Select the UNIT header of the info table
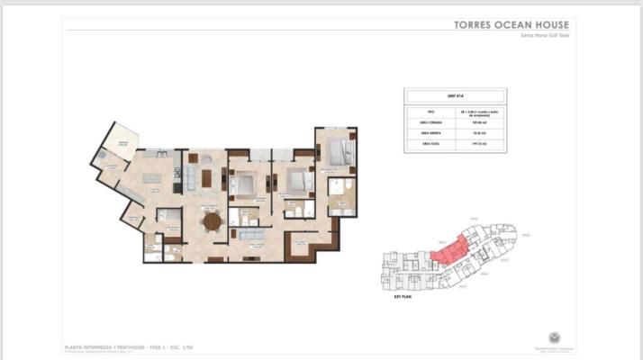[455, 94]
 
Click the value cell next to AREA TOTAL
[479, 143]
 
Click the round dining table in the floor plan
[212, 221]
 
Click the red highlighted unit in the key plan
[449, 251]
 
